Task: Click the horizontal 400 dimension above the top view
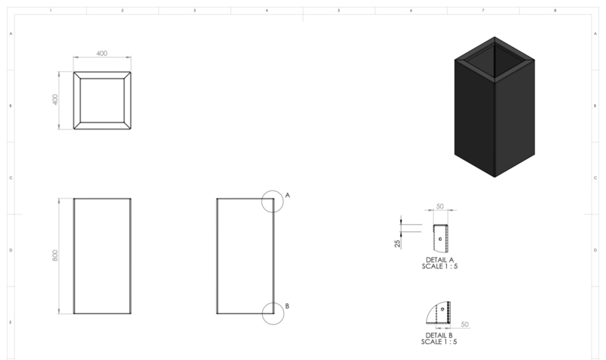pyautogui.click(x=102, y=53)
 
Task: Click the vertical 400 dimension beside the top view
pyautogui.click(x=55, y=99)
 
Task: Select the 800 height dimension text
pyautogui.click(x=55, y=255)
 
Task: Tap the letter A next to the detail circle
pyautogui.click(x=288, y=196)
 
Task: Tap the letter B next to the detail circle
pyautogui.click(x=287, y=306)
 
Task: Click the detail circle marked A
pyautogui.click(x=261, y=202)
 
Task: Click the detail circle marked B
pyautogui.click(x=262, y=314)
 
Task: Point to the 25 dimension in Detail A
pyautogui.click(x=397, y=243)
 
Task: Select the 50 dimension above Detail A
pyautogui.click(x=440, y=206)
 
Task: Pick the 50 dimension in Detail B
pyautogui.click(x=465, y=324)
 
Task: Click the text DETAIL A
pyautogui.click(x=440, y=260)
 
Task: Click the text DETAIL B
pyautogui.click(x=439, y=335)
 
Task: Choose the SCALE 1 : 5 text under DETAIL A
pyautogui.click(x=440, y=266)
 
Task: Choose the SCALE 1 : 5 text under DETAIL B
pyautogui.click(x=439, y=342)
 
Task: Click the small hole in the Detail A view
pyautogui.click(x=440, y=239)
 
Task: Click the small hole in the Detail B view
pyautogui.click(x=442, y=309)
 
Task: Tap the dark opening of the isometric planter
pyautogui.click(x=495, y=61)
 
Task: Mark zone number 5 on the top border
pyautogui.click(x=339, y=11)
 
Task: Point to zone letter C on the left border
pyautogui.click(x=11, y=178)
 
